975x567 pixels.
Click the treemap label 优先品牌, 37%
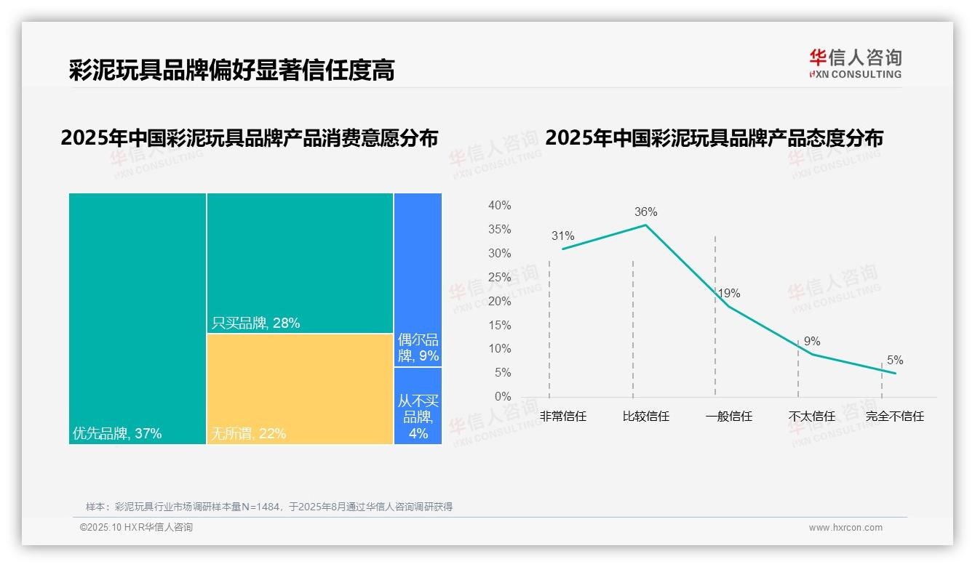point(117,434)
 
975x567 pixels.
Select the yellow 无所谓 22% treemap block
point(300,389)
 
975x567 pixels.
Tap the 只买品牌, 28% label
point(255,323)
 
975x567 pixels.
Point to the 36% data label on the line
point(645,212)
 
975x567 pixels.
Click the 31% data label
point(562,236)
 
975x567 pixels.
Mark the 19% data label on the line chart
point(729,294)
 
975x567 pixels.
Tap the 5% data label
point(895,361)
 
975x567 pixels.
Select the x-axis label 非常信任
point(563,417)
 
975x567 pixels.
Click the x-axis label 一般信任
point(729,417)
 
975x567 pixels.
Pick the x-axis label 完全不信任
point(894,417)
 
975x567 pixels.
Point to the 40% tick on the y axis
point(499,206)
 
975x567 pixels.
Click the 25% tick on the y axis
point(499,278)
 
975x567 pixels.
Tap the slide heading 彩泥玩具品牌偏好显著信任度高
point(231,71)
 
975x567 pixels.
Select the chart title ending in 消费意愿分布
point(250,137)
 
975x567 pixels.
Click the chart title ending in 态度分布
point(714,137)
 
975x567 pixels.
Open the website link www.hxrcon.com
point(845,528)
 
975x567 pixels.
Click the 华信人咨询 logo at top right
point(855,64)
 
